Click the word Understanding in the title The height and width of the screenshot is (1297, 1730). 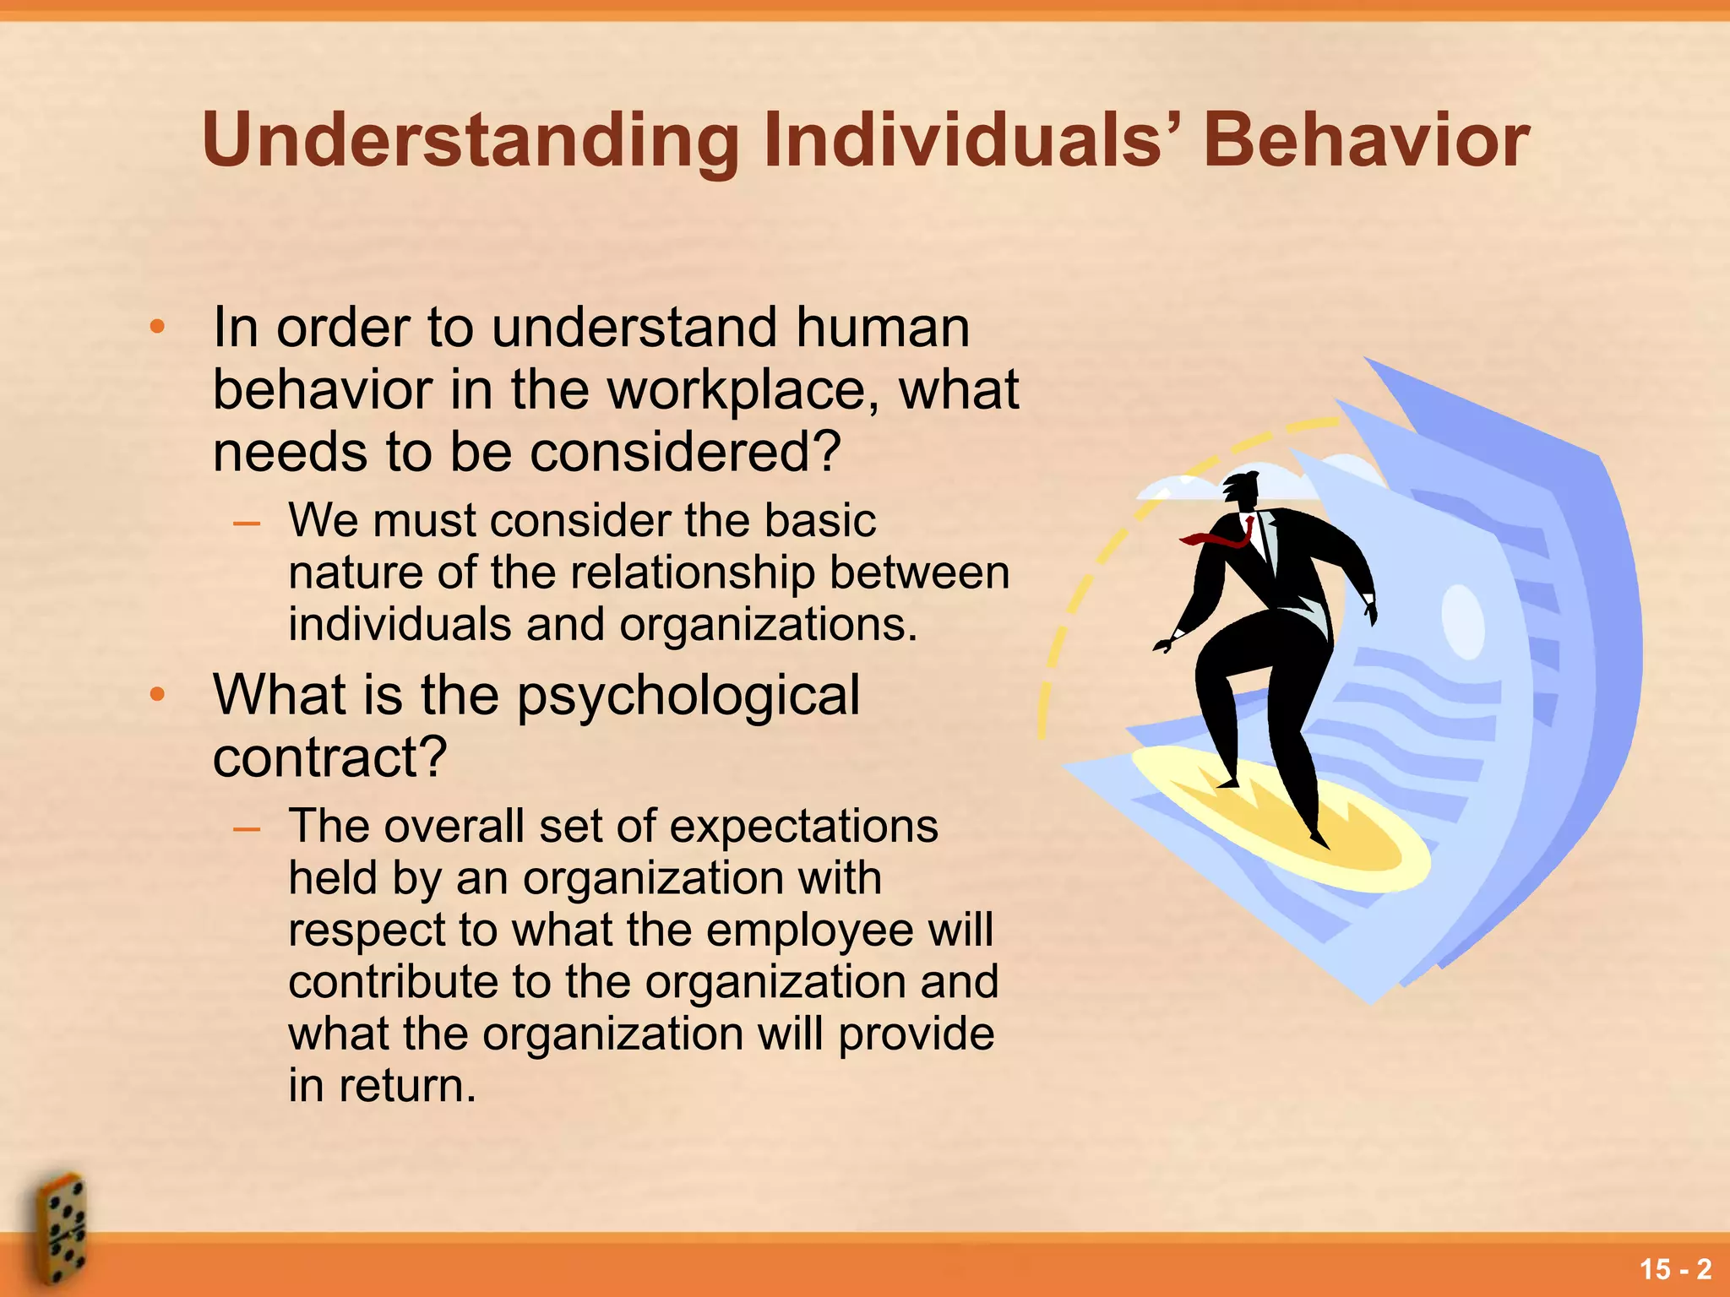point(471,142)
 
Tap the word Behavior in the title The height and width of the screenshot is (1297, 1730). point(1365,140)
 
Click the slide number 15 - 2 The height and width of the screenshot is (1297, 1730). point(1675,1269)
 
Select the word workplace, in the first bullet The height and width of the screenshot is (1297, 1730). point(743,391)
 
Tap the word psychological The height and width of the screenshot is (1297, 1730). point(688,696)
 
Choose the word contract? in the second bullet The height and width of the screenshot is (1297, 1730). point(329,757)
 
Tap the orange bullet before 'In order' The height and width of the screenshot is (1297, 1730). point(156,328)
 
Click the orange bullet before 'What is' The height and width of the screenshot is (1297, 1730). point(156,695)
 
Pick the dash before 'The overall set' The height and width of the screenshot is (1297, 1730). point(247,828)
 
